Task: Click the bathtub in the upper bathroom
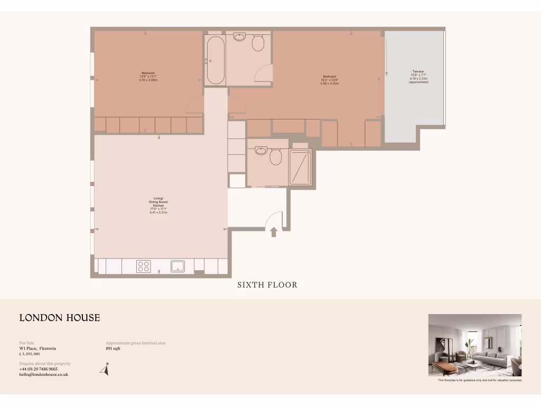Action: pyautogui.click(x=216, y=60)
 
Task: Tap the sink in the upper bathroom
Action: pyautogui.click(x=240, y=38)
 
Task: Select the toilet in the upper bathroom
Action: pyautogui.click(x=258, y=43)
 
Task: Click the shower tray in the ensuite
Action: pyautogui.click(x=300, y=167)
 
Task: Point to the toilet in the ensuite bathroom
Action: pyautogui.click(x=275, y=156)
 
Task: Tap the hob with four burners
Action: pyautogui.click(x=144, y=266)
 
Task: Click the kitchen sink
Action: pyautogui.click(x=178, y=266)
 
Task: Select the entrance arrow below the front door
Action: pyautogui.click(x=274, y=232)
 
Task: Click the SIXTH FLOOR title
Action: pyautogui.click(x=267, y=285)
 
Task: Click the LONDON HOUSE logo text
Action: pyautogui.click(x=60, y=318)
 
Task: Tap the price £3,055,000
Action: pyautogui.click(x=30, y=354)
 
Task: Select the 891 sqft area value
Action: pyautogui.click(x=113, y=348)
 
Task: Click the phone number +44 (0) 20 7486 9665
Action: pyautogui.click(x=39, y=369)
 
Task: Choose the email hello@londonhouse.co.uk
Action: pyautogui.click(x=44, y=374)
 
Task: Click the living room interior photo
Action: pyautogui.click(x=474, y=345)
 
